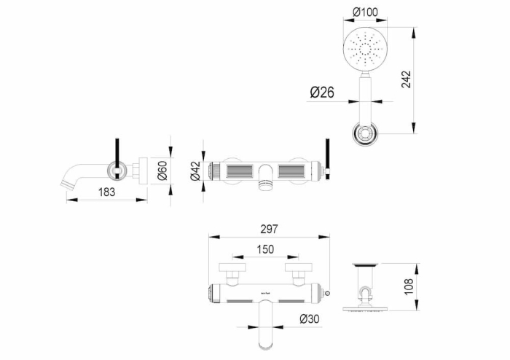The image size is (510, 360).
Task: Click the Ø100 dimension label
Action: (365, 12)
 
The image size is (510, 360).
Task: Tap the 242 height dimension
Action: (407, 79)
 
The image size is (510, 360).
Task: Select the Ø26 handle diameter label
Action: (322, 93)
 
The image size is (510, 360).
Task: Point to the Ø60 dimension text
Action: (162, 171)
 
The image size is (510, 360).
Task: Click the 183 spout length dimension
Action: (106, 192)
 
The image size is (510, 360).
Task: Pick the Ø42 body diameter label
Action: (195, 171)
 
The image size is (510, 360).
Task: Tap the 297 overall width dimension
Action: (269, 230)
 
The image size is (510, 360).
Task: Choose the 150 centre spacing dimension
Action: (265, 249)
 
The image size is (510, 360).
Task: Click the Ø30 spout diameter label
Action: (310, 319)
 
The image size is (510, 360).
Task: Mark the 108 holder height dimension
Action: (409, 286)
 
